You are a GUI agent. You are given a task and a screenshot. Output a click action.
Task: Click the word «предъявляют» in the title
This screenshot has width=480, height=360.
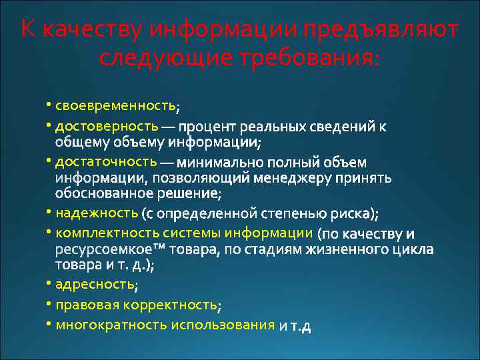[379, 30]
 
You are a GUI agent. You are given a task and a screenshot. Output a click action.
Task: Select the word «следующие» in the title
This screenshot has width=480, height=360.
[160, 58]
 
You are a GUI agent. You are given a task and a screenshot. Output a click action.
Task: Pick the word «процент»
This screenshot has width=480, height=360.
[207, 126]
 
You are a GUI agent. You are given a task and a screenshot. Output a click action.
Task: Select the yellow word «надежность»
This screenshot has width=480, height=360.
[97, 213]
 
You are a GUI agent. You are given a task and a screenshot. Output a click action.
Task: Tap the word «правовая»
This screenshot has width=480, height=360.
[83, 305]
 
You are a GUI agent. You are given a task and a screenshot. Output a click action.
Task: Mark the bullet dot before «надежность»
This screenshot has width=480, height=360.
[49, 213]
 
